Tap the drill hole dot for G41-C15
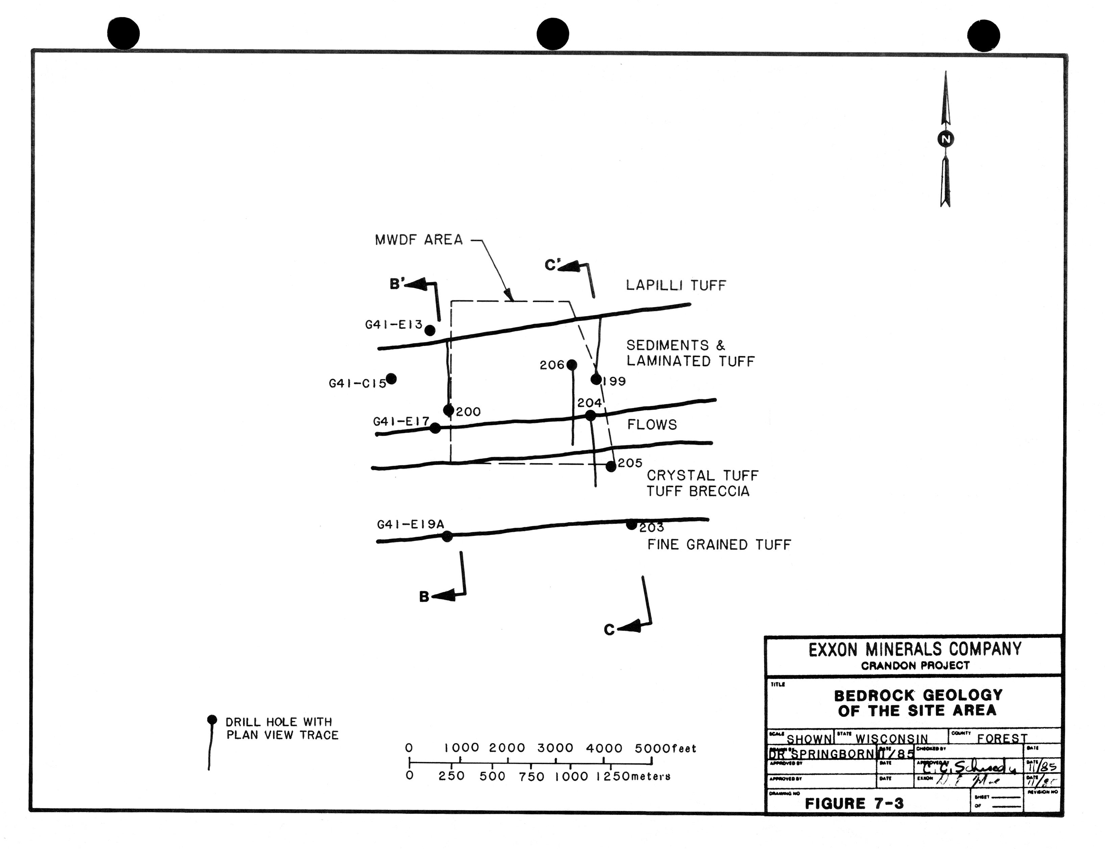[x=391, y=379]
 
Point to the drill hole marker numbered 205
[x=611, y=466]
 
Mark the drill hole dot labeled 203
[x=631, y=525]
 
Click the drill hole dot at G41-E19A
[x=447, y=536]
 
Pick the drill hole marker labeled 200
[x=448, y=410]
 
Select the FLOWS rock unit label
[x=652, y=424]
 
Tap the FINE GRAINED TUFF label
[x=719, y=545]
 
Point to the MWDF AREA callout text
[x=418, y=240]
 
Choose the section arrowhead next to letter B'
[x=416, y=285]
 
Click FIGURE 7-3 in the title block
[x=854, y=803]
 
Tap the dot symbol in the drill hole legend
[x=212, y=720]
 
